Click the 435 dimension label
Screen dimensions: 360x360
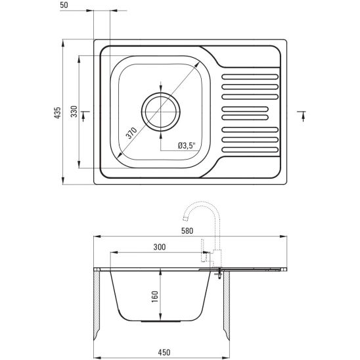click(57, 113)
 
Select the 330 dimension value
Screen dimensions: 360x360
click(74, 112)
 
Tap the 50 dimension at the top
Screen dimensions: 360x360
click(64, 5)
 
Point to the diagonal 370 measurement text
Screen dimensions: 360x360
click(131, 133)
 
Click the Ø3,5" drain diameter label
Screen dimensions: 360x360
click(187, 145)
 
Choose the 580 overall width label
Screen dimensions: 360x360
click(187, 231)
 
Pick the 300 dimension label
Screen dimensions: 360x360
click(160, 247)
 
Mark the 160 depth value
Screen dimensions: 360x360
click(155, 297)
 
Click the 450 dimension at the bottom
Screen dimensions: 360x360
click(164, 352)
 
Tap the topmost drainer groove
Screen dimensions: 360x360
click(250, 77)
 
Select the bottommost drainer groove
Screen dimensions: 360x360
click(250, 150)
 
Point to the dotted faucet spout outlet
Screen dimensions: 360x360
click(185, 218)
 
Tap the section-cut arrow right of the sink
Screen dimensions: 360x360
click(303, 116)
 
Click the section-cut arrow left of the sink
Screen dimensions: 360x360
click(83, 116)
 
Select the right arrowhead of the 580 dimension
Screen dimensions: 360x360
click(283, 236)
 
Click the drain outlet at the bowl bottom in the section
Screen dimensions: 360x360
click(161, 321)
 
